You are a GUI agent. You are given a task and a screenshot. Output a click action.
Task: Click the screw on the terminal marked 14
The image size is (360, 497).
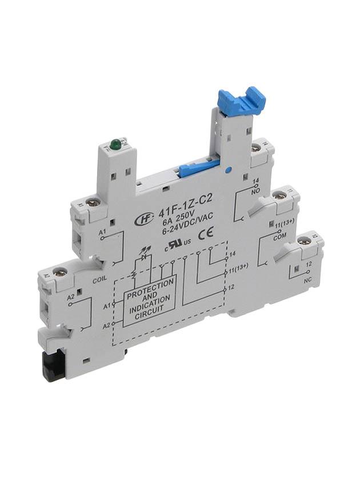pyautogui.click(x=256, y=148)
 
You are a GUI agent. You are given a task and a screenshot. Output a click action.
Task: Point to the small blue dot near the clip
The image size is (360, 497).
pyautogui.click(x=227, y=170)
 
